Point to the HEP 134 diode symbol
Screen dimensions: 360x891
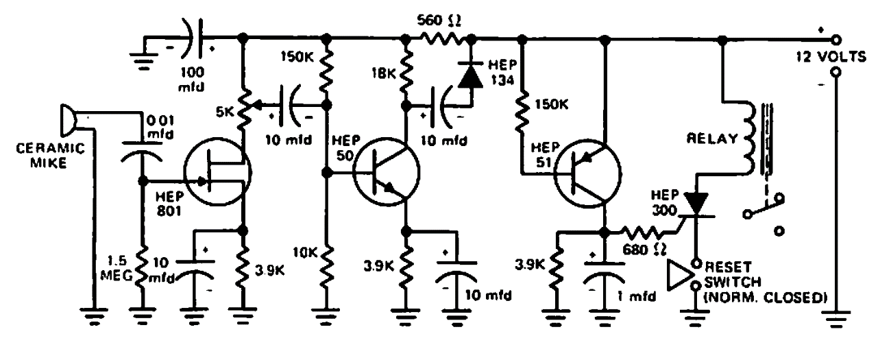[470, 76]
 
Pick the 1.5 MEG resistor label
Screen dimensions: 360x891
[122, 269]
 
